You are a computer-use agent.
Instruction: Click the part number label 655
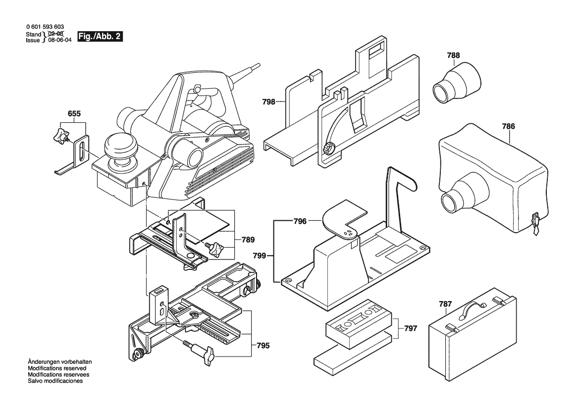click(x=74, y=114)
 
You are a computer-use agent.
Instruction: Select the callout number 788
click(x=453, y=55)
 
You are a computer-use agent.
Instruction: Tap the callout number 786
click(x=508, y=126)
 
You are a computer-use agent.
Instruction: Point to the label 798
click(x=269, y=102)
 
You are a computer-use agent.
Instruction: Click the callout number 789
click(x=248, y=240)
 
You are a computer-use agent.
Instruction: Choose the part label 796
click(x=300, y=221)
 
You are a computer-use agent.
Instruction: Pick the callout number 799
click(x=259, y=256)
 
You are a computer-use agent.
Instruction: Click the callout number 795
click(x=263, y=346)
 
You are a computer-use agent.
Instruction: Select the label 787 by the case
click(x=445, y=304)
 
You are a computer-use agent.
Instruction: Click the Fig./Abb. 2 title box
click(x=100, y=37)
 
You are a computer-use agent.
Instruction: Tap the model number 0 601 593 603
click(x=45, y=27)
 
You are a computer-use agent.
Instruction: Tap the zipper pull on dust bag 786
click(x=535, y=223)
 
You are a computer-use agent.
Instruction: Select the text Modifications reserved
click(x=57, y=368)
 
